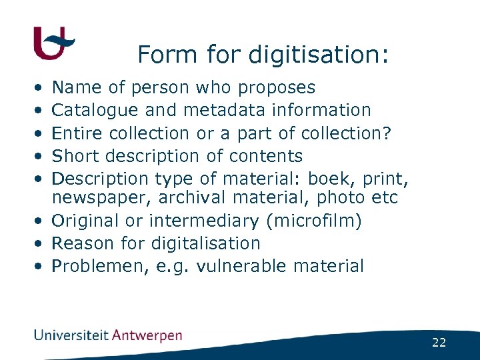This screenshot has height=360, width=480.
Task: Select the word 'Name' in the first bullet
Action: coord(73,87)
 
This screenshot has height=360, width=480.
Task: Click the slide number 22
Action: coord(439,343)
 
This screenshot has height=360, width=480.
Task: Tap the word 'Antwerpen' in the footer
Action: coord(148,335)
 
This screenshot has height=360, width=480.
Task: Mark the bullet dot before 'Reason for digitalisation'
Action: coord(40,244)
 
